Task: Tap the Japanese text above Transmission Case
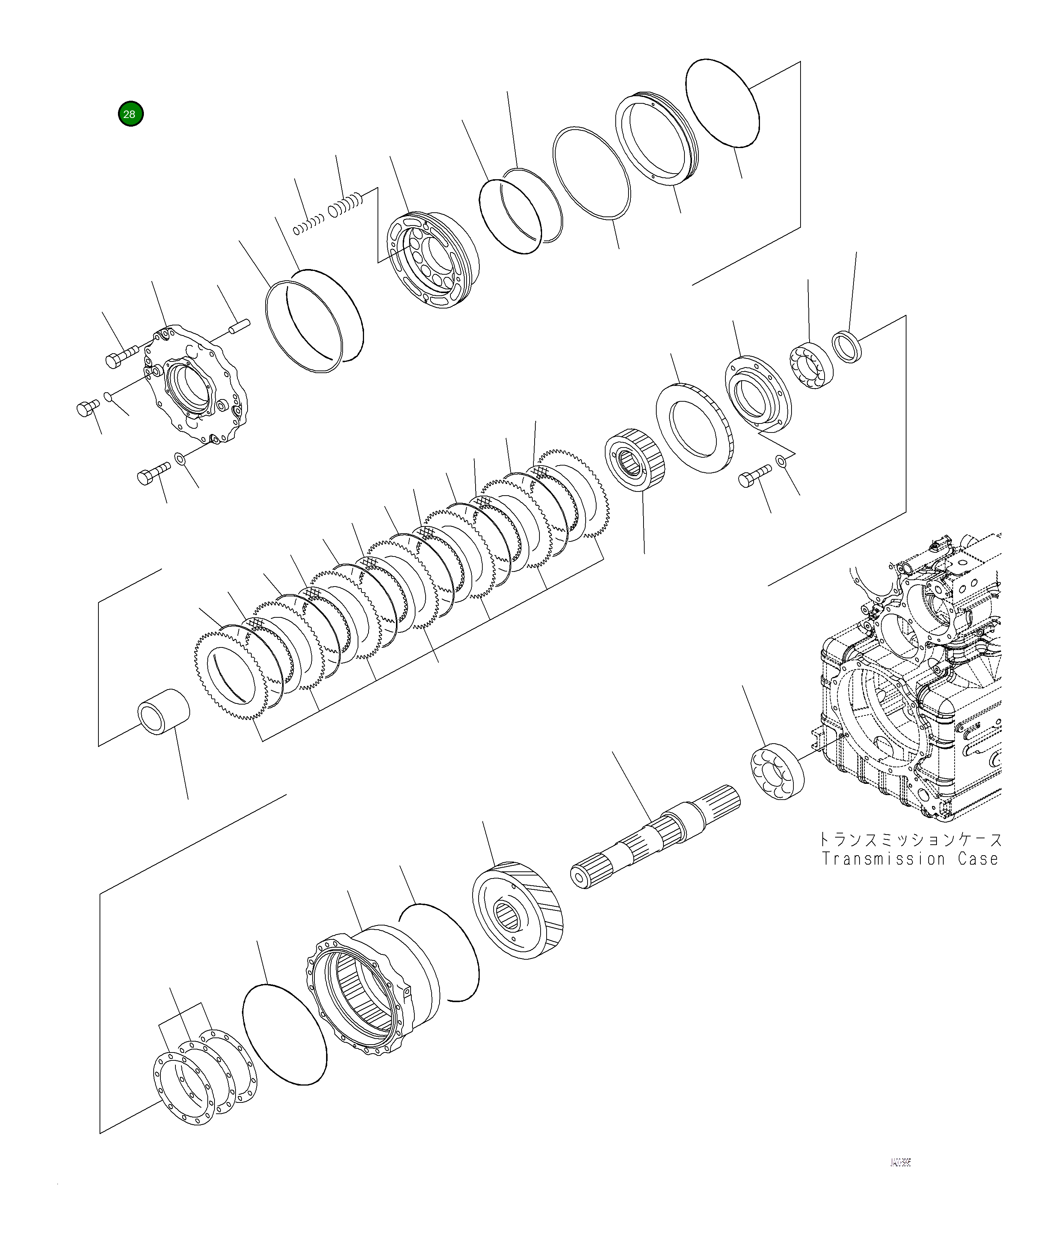coord(910,839)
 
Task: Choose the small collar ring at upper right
coord(847,347)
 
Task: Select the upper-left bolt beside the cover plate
coord(120,356)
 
